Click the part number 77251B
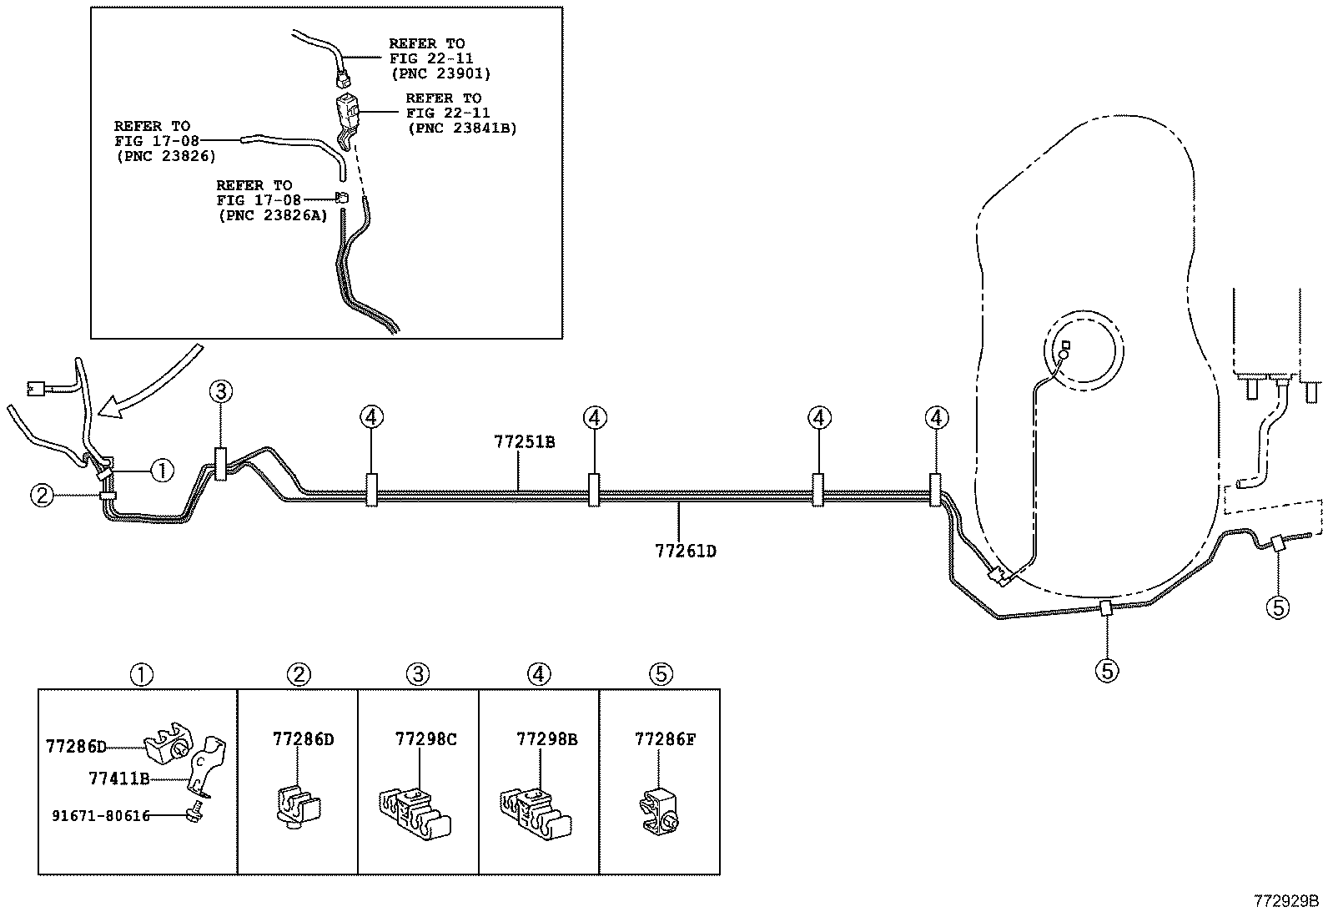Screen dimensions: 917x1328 [x=524, y=442]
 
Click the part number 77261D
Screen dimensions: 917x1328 [x=686, y=551]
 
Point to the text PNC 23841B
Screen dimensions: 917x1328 [x=462, y=128]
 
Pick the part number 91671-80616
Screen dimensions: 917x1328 [x=99, y=815]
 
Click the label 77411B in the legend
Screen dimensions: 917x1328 [x=118, y=778]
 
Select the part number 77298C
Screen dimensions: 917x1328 [x=425, y=739]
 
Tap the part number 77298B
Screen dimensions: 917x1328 [x=547, y=739]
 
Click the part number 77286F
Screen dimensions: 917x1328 [x=665, y=739]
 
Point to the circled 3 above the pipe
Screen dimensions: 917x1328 [x=220, y=390]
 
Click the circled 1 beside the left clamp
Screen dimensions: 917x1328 [x=162, y=471]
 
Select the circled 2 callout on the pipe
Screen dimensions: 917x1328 [x=43, y=496]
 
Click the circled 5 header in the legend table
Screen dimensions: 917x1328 [x=661, y=673]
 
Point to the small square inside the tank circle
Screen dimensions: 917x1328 [x=1065, y=345]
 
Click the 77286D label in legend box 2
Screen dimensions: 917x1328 [x=303, y=739]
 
